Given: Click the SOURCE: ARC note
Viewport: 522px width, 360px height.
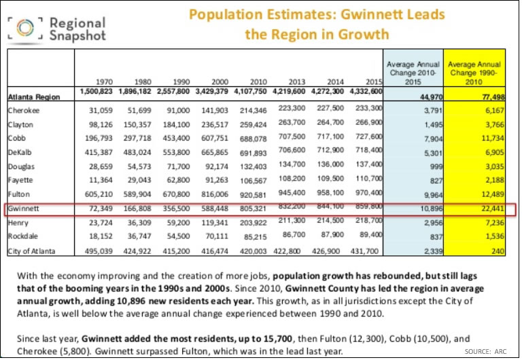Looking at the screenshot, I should coord(487,350).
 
